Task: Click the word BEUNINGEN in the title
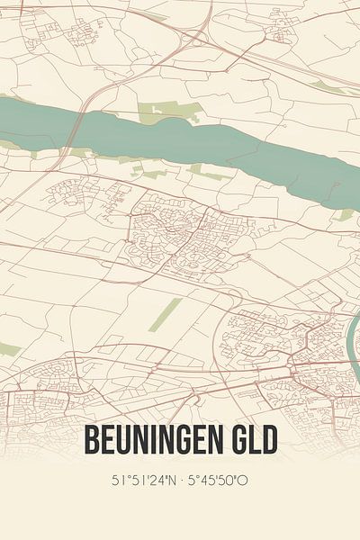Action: [161, 440]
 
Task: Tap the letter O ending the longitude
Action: [244, 480]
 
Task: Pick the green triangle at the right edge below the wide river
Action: [346, 214]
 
